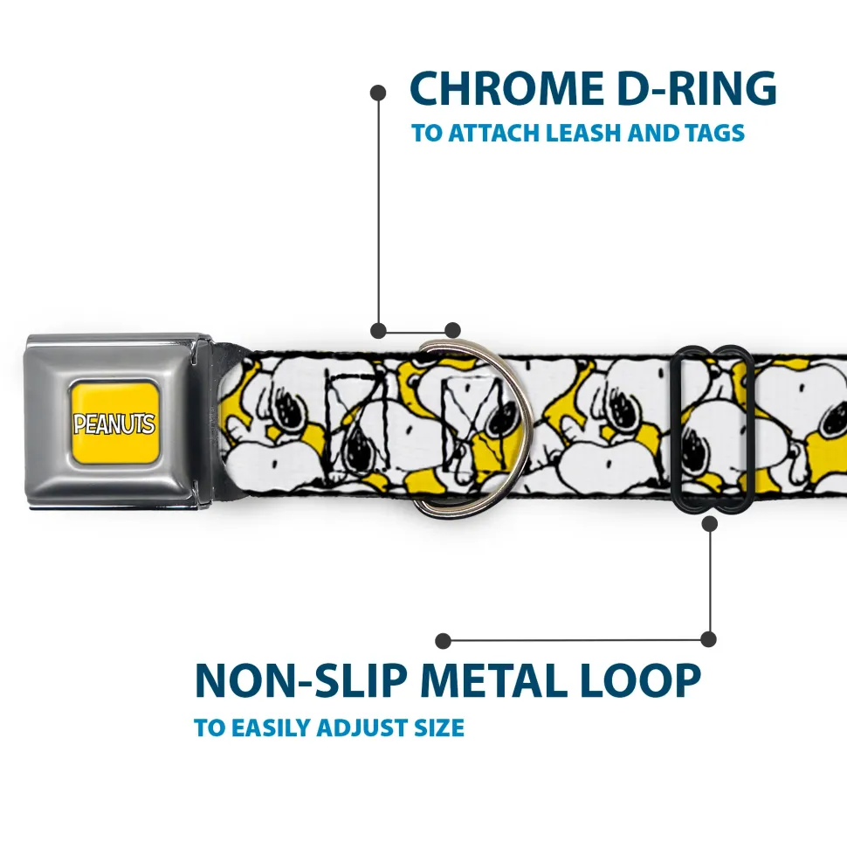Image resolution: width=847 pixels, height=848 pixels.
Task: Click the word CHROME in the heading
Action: coord(501,88)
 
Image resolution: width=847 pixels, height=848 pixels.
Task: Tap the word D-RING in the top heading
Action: coord(690,88)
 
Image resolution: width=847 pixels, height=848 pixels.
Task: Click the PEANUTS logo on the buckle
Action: coord(114,424)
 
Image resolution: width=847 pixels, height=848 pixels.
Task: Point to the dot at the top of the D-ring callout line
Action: coord(378,92)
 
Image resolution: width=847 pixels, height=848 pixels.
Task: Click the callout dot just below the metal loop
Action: coord(709,523)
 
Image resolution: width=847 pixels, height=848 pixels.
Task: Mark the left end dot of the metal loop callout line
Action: coord(444,641)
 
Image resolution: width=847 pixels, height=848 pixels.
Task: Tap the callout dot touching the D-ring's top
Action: coord(452,330)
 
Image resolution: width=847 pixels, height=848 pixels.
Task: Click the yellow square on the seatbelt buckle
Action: coord(114,423)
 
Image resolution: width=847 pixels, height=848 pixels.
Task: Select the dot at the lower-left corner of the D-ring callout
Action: coord(378,330)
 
